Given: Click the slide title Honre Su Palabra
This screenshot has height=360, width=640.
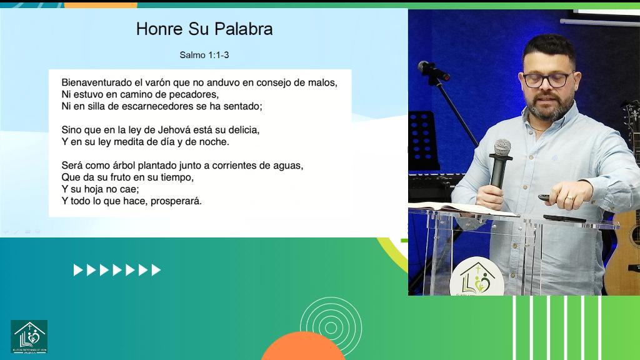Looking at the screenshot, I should point(204,29).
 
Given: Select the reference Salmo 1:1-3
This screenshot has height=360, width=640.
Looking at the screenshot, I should point(204,55).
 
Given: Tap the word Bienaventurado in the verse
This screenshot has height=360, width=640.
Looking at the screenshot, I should point(93,82).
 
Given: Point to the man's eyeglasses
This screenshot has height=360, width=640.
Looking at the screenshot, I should point(547,79).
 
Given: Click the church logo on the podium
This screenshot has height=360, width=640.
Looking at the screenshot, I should point(477,279).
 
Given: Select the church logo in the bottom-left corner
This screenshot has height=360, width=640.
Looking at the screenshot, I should point(29,336).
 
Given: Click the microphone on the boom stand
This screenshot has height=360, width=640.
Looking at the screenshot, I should point(432,70).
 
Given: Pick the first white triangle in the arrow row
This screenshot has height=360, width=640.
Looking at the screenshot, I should point(77,270).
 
